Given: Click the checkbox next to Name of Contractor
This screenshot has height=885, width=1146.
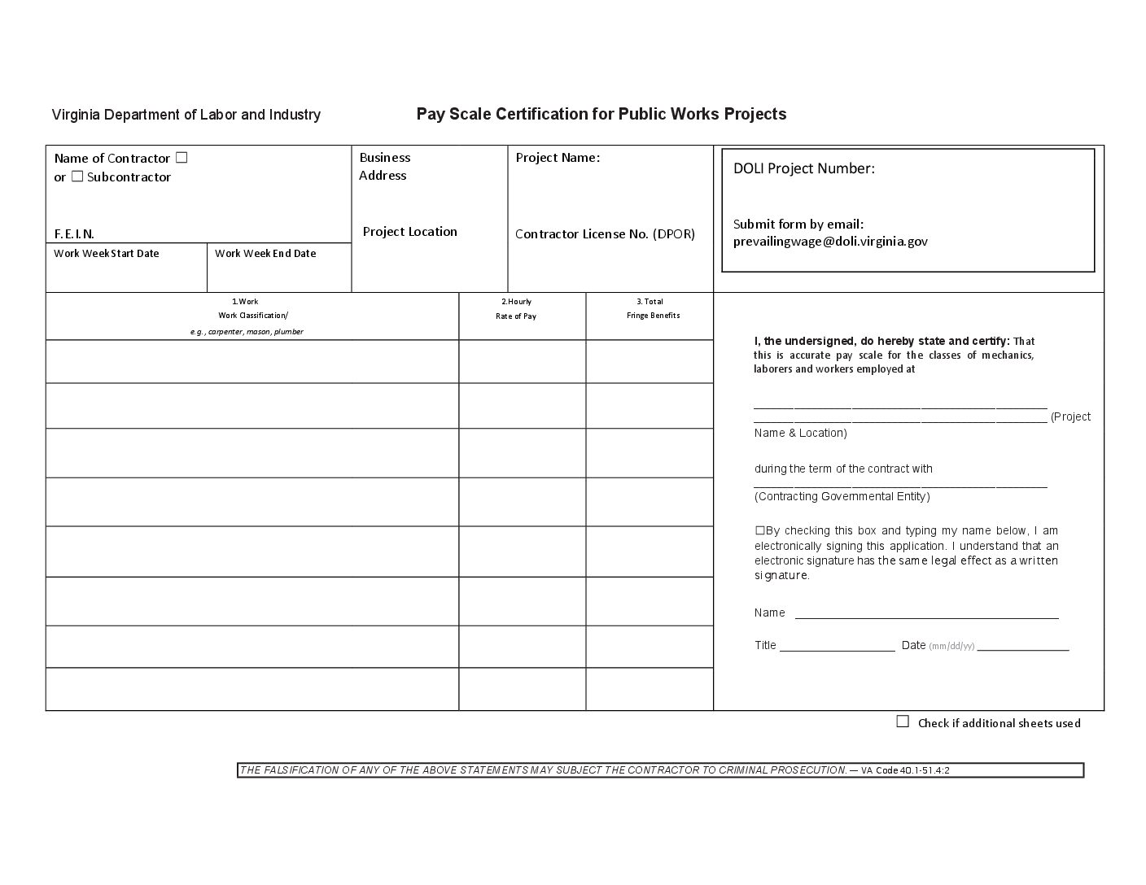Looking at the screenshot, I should (x=182, y=157).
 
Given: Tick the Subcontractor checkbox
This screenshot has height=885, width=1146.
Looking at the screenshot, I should (x=77, y=176).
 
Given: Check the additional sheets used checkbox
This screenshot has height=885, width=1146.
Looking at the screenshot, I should (x=903, y=722).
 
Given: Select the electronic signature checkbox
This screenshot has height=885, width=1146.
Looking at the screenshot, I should (x=759, y=530).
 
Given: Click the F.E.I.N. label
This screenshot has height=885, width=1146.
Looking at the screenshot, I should (x=74, y=234).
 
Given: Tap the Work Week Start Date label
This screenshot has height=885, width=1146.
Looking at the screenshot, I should (x=106, y=254).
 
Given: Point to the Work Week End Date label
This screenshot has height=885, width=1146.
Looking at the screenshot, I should (x=265, y=254).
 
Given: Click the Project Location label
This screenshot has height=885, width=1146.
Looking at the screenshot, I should (x=409, y=232).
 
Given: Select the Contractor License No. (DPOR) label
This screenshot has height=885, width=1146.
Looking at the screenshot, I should (x=605, y=234).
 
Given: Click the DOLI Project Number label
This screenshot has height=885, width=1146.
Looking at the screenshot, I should (x=803, y=168).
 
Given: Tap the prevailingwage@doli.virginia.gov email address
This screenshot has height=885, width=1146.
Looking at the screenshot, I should (x=830, y=242).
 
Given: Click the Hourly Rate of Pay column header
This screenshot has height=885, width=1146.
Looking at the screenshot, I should (x=516, y=309).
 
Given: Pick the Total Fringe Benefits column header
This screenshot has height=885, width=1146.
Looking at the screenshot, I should (x=653, y=308).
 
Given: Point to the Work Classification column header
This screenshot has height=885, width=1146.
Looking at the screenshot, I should (x=252, y=316).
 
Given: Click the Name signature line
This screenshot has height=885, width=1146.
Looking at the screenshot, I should (x=926, y=616).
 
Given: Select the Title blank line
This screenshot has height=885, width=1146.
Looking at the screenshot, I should (x=837, y=648).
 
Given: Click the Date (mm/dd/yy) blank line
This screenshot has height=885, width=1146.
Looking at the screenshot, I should (x=1022, y=648).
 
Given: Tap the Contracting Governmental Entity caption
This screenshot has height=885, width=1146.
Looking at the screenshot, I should (x=842, y=496).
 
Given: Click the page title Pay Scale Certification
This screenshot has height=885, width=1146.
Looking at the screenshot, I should (x=601, y=114).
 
